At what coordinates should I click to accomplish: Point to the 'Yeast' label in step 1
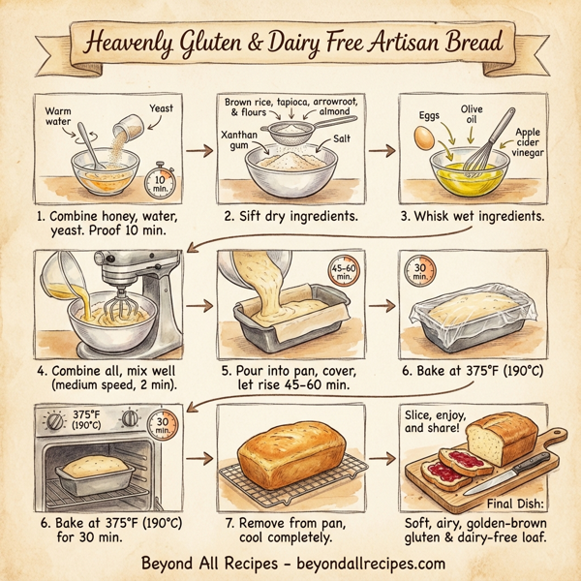(161, 108)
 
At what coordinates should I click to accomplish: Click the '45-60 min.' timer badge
(344, 273)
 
